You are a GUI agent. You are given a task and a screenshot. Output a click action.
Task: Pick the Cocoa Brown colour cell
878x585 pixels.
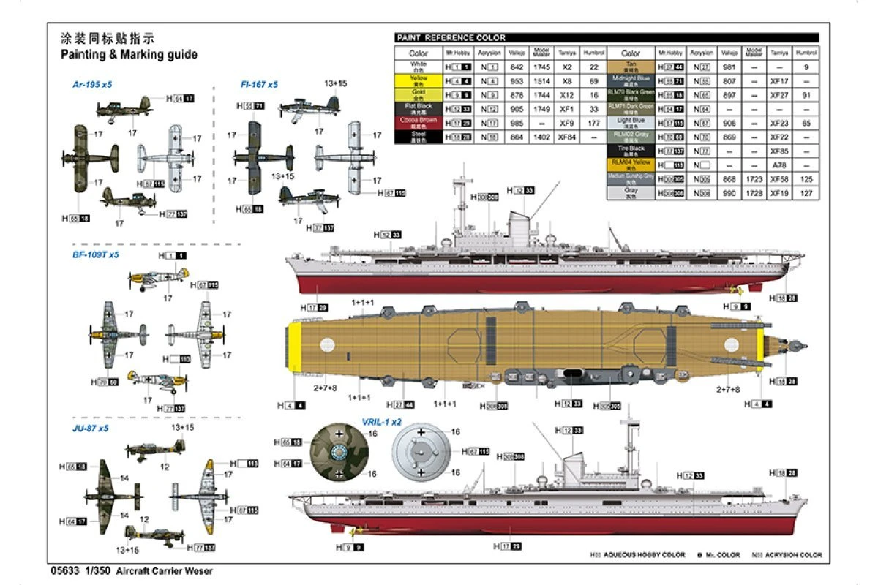[419, 122]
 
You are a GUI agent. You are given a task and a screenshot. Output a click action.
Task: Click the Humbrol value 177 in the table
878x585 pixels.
[593, 123]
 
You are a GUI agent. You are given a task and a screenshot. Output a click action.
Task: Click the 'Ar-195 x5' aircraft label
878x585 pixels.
[92, 85]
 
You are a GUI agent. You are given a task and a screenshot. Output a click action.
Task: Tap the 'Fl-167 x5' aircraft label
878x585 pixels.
[259, 85]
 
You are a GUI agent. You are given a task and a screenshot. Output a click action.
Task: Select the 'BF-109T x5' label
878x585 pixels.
[95, 254]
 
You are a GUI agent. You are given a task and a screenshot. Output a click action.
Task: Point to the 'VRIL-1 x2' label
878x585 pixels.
[382, 422]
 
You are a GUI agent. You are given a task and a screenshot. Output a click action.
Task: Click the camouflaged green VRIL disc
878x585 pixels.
[339, 453]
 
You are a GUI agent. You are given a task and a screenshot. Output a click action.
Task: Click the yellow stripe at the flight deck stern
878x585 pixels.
[296, 347]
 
